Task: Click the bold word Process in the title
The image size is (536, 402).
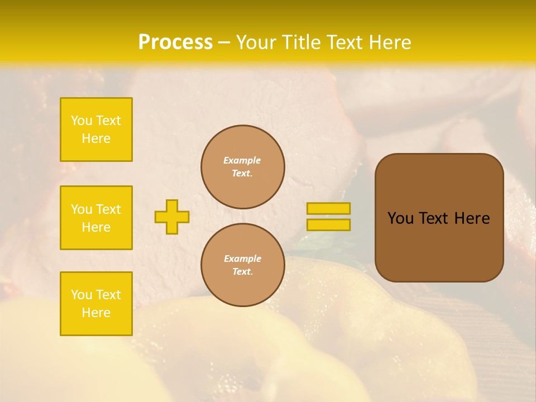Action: click(x=175, y=42)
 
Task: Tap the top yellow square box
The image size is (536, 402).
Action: click(x=96, y=130)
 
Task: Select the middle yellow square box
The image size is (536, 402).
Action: click(x=96, y=218)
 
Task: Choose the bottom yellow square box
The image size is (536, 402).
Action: click(x=96, y=303)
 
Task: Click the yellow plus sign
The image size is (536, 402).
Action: click(x=172, y=217)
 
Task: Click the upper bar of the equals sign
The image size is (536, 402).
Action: click(x=328, y=208)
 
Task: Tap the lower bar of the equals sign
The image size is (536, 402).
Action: click(x=328, y=224)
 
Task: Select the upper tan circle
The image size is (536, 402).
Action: click(x=242, y=166)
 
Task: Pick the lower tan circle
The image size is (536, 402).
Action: click(x=242, y=265)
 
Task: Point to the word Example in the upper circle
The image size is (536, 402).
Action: click(x=242, y=160)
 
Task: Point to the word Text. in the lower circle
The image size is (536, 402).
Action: click(x=242, y=271)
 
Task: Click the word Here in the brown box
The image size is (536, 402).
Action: click(x=472, y=218)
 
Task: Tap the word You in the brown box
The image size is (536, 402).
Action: click(x=400, y=218)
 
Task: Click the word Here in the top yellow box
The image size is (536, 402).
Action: click(x=96, y=138)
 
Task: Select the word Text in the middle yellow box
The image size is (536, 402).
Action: click(x=108, y=209)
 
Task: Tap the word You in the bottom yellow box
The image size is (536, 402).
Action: click(x=82, y=295)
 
